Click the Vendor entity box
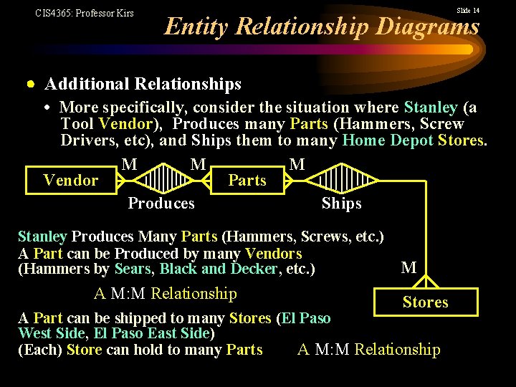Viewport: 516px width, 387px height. (71, 181)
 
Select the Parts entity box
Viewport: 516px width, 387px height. (247, 181)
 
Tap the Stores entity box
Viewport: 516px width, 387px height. (425, 302)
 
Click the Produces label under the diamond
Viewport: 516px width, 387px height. (161, 204)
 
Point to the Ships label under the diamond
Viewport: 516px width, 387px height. (341, 204)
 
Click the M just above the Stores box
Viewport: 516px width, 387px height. (409, 268)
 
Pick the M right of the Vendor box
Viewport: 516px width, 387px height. (130, 165)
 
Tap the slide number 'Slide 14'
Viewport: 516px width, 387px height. (468, 11)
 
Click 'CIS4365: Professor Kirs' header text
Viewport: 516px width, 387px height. (85, 13)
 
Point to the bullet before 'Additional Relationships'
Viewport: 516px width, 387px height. (31, 85)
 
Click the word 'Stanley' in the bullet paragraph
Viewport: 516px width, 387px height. (430, 107)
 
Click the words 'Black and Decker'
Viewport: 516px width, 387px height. (218, 269)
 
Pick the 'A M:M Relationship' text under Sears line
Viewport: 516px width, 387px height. (165, 293)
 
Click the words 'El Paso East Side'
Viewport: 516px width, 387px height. (152, 333)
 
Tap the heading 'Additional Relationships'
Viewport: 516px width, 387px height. (143, 85)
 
